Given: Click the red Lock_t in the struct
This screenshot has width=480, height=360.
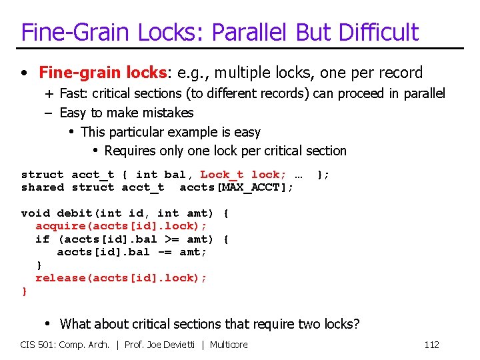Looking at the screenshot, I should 222,175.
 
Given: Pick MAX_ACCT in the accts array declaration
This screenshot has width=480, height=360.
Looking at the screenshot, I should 253,187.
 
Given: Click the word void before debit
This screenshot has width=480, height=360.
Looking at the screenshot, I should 35,213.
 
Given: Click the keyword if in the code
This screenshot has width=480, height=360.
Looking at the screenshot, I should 43,239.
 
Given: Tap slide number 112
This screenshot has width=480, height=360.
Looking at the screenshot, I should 431,345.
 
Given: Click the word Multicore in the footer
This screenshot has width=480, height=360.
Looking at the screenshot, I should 229,345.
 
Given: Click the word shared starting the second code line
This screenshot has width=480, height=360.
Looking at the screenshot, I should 43,187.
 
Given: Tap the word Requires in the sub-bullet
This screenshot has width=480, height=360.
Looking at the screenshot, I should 130,151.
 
